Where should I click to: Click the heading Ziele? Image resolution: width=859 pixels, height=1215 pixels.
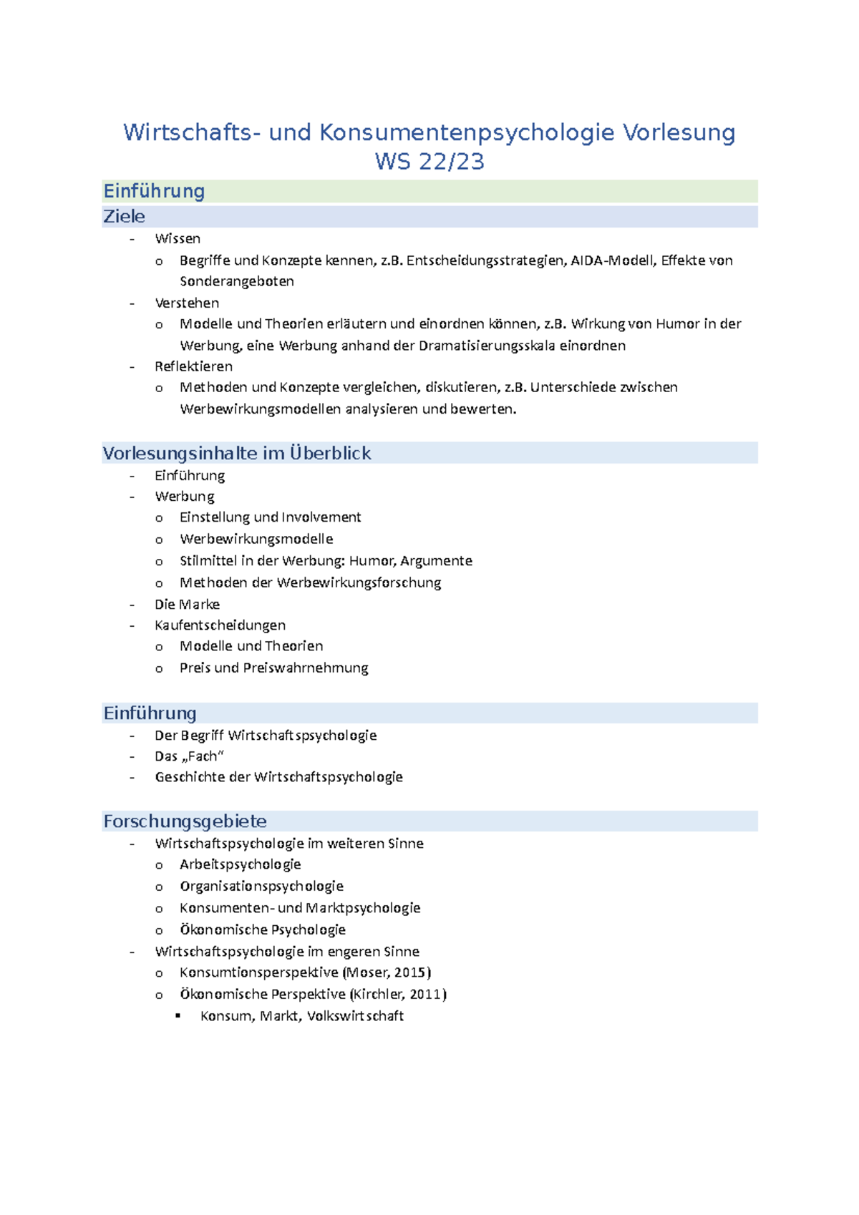click(x=125, y=217)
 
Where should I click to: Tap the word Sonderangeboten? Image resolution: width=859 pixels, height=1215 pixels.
click(x=237, y=281)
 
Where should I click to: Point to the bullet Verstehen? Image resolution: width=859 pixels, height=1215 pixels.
click(x=187, y=303)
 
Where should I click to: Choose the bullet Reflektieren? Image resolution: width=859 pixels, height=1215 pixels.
click(x=193, y=366)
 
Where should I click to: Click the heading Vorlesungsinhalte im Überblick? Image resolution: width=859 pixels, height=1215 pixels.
click(x=237, y=454)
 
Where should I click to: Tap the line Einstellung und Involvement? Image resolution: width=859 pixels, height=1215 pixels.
click(x=271, y=517)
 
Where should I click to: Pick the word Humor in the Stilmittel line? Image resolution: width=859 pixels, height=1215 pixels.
click(x=372, y=561)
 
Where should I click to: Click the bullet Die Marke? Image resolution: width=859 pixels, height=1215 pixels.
click(x=187, y=605)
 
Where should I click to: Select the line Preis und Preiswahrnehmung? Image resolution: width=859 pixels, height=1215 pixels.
click(x=274, y=668)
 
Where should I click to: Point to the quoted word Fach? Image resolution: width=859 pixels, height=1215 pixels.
click(x=203, y=756)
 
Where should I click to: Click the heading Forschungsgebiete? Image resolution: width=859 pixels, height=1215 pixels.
click(x=185, y=821)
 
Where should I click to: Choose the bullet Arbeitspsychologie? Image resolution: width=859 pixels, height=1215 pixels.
click(x=241, y=864)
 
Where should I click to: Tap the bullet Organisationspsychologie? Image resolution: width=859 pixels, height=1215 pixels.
click(x=262, y=887)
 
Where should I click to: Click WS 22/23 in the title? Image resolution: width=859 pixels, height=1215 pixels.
click(x=429, y=162)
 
